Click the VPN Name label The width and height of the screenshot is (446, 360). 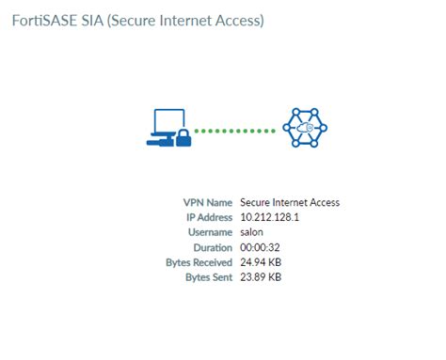tap(207, 202)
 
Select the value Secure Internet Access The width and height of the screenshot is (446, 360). tap(290, 202)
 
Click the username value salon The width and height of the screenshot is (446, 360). tap(253, 232)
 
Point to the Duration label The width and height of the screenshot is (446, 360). tap(212, 247)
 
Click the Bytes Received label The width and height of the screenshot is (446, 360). tap(199, 262)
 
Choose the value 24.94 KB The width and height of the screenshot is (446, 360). tap(262, 262)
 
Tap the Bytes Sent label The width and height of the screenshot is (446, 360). tap(207, 277)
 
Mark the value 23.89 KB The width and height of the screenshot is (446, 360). tap(262, 277)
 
